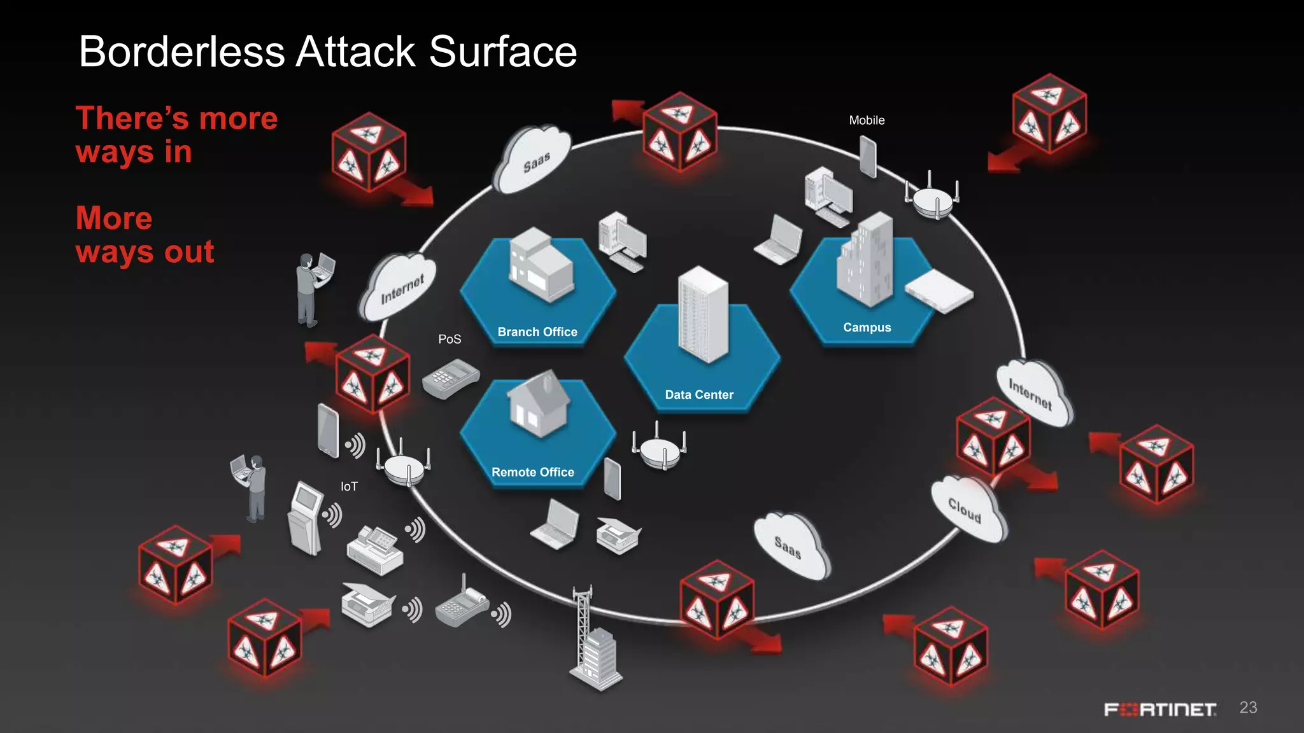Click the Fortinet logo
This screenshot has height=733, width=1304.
click(1159, 709)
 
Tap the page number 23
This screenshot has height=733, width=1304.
click(1248, 708)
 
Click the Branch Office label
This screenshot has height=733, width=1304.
click(537, 332)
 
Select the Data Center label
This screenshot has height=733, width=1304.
click(699, 394)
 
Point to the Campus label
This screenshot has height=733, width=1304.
click(867, 328)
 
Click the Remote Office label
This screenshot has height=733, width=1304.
click(532, 472)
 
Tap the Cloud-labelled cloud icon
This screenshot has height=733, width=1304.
click(967, 510)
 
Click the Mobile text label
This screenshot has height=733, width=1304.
click(867, 120)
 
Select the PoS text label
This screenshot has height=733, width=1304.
click(450, 339)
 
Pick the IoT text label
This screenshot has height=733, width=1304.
click(349, 487)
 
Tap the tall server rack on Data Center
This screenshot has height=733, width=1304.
click(702, 315)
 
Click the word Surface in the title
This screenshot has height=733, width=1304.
click(502, 52)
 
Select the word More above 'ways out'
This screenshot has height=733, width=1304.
click(114, 218)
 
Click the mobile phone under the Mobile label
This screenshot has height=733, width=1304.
click(868, 157)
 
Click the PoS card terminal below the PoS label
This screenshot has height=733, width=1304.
click(450, 379)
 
